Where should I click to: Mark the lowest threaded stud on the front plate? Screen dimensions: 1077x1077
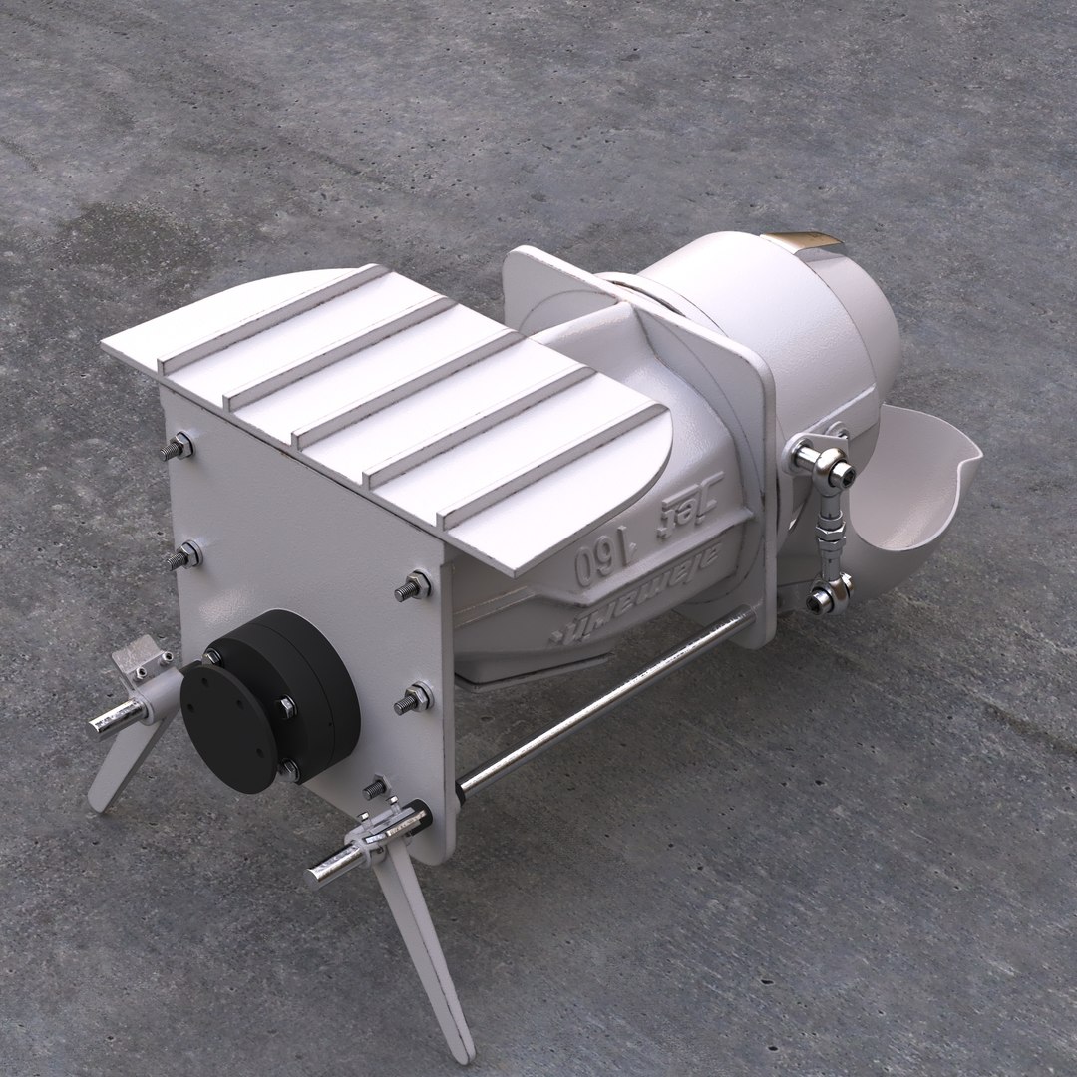pyautogui.click(x=374, y=788)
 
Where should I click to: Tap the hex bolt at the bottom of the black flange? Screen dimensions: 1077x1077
pyautogui.click(x=289, y=771)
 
